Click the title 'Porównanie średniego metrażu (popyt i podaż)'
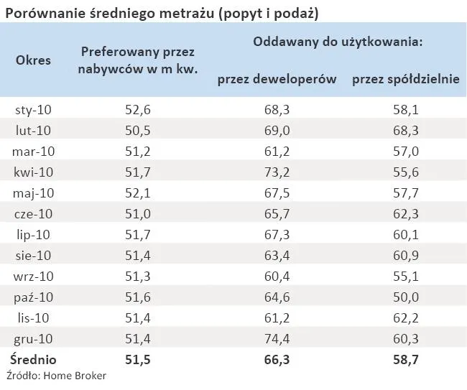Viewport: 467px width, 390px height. click(162, 12)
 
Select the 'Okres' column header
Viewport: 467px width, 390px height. click(34, 60)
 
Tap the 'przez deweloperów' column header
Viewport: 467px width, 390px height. click(277, 80)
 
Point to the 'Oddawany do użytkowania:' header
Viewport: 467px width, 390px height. click(337, 42)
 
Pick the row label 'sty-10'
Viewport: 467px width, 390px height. click(33, 110)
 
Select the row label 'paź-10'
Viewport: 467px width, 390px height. click(33, 297)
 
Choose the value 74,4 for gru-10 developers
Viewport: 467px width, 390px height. click(277, 338)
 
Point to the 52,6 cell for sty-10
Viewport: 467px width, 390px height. click(137, 110)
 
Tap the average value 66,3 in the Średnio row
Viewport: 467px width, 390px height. click(277, 359)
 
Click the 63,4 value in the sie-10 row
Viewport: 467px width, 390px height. click(277, 255)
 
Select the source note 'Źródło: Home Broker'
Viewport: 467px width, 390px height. click(56, 376)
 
